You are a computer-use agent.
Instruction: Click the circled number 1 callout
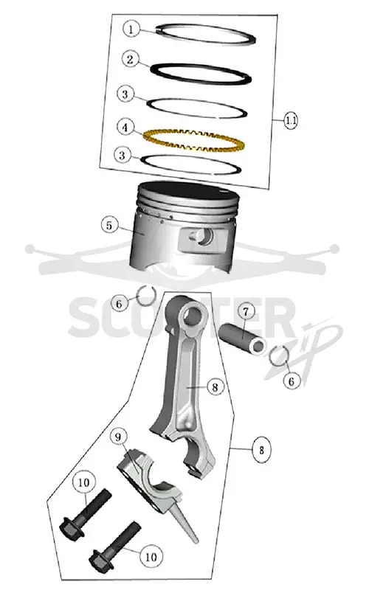coord(131,29)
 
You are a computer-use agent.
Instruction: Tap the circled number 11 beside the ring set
coord(290,120)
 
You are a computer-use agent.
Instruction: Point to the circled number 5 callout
coord(109,225)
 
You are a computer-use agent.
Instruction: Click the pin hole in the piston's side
coord(204,237)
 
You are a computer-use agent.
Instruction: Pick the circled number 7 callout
coord(246,311)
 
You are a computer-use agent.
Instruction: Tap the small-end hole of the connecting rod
coord(194,314)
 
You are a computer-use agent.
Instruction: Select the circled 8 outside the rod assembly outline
coord(261,450)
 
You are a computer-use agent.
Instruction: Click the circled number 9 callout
coord(118,437)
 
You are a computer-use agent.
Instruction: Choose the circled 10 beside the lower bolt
coord(151,557)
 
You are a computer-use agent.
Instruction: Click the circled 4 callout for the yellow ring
coord(125,127)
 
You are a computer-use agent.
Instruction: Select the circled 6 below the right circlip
coord(292,381)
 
